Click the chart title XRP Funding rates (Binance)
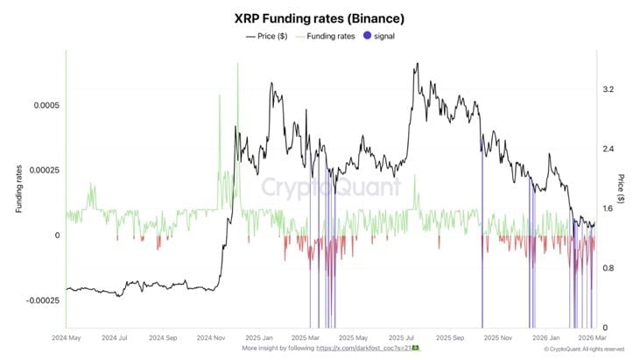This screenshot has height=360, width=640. click(319, 18)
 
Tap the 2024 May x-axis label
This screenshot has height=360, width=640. click(67, 337)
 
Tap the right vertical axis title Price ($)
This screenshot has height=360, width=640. click(622, 188)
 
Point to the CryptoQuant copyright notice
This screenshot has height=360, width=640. click(588, 349)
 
